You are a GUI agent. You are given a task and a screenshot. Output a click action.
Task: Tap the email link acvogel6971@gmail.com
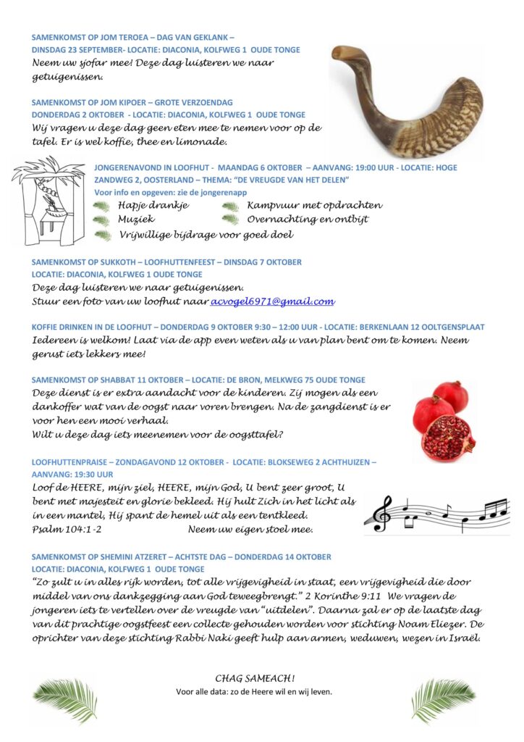(x=272, y=301)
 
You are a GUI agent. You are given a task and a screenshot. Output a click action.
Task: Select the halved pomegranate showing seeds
(x=448, y=438)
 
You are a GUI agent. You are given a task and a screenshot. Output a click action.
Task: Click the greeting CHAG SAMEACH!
(x=255, y=678)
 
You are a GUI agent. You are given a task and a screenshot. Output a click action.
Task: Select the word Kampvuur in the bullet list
(x=270, y=205)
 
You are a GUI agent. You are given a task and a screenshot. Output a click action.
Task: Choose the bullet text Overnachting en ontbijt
(x=308, y=220)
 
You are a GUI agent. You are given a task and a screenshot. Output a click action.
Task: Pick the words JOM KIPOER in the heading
(x=123, y=102)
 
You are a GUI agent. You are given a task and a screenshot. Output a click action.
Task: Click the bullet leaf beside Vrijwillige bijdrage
(x=103, y=235)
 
